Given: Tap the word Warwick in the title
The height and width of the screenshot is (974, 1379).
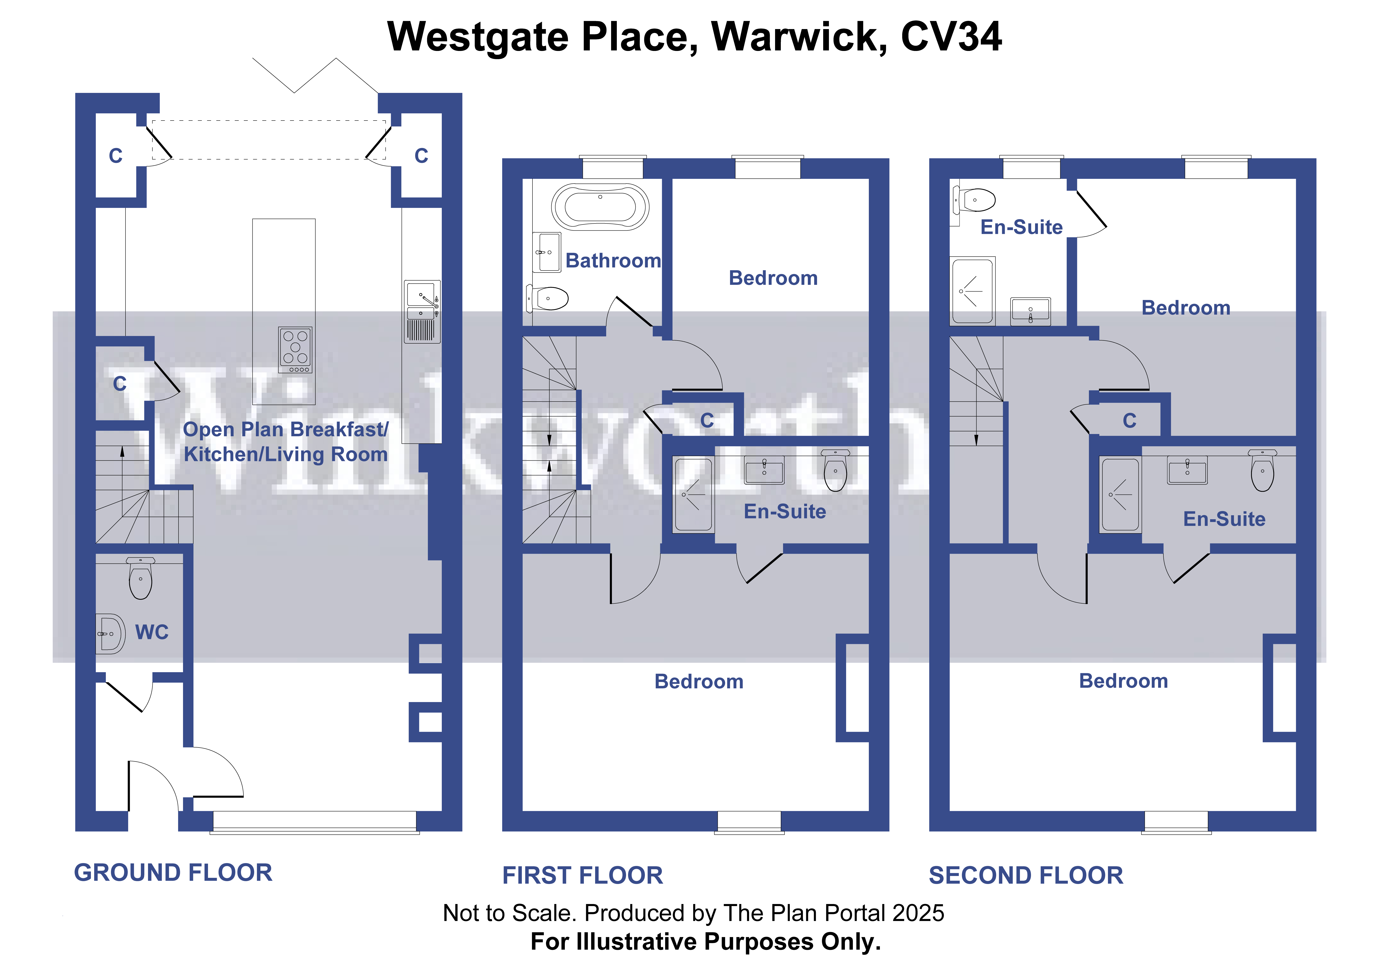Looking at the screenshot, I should point(799,37).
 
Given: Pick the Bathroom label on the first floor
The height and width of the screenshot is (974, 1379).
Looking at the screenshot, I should point(613,261).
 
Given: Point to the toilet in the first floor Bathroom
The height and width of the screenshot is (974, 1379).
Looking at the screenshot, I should point(548,299).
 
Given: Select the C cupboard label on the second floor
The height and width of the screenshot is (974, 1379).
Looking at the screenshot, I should point(1129,420).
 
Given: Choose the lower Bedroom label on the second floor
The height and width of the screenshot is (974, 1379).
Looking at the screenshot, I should point(1123,681).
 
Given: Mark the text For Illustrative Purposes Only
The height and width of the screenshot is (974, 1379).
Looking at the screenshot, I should point(706,942).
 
